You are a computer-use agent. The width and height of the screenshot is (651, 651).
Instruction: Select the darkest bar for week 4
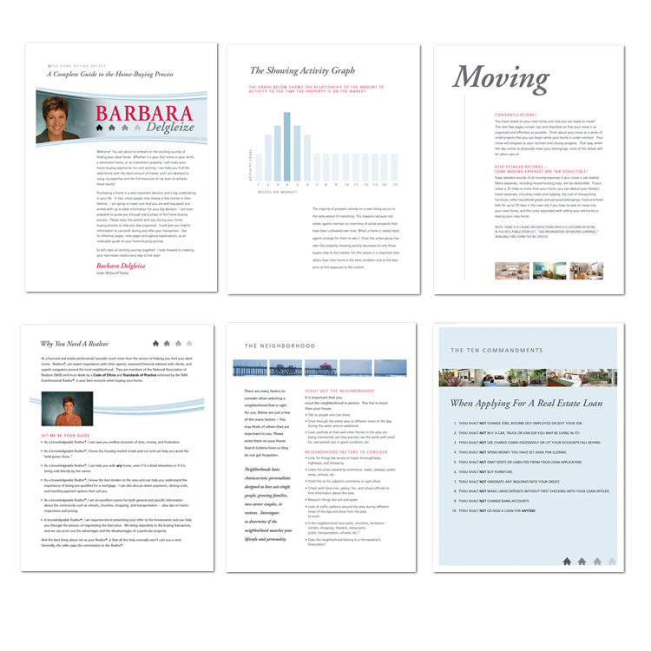[x=287, y=146]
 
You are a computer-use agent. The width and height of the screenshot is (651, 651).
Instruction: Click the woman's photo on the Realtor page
[x=67, y=408]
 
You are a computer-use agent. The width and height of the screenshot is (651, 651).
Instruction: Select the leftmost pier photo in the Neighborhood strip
[x=249, y=368]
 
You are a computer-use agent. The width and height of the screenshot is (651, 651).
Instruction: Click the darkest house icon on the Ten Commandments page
[x=567, y=562]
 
